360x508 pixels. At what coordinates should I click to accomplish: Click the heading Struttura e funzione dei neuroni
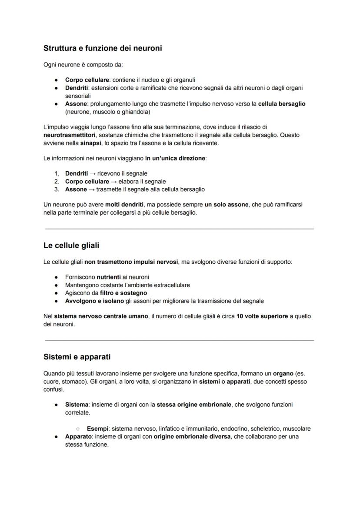(x=103, y=48)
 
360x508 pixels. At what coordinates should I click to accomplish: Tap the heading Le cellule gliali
(x=71, y=246)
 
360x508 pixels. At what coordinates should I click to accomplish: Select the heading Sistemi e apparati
(x=77, y=357)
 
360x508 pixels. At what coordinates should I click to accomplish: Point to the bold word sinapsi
(x=90, y=143)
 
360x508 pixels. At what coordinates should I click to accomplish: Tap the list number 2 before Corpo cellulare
(x=56, y=181)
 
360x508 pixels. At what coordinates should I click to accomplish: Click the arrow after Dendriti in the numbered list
(x=92, y=173)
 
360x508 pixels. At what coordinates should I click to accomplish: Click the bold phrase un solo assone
(x=226, y=205)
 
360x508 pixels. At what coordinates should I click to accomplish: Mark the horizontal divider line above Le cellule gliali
(x=179, y=229)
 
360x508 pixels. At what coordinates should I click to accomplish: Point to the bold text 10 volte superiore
(x=262, y=316)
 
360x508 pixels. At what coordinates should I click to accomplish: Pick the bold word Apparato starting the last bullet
(x=79, y=436)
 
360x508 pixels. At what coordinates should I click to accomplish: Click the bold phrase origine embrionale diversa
(x=192, y=436)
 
